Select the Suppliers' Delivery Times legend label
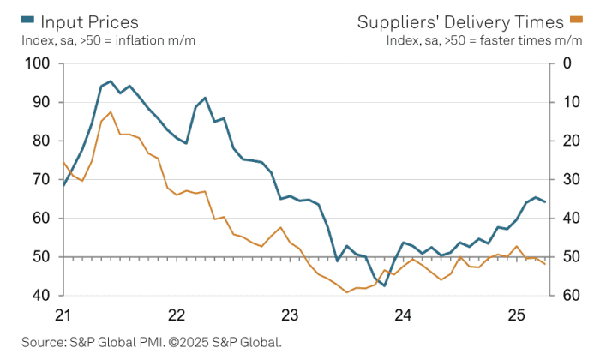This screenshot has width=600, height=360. click(471, 21)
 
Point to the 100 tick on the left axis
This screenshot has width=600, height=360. click(39, 64)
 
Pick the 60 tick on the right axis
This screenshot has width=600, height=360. click(568, 296)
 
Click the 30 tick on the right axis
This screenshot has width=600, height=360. click(568, 180)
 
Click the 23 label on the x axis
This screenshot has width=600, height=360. click(290, 314)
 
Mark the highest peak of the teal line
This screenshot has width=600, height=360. click(111, 81)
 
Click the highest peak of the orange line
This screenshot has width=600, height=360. click(111, 112)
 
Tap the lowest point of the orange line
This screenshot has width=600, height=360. click(347, 292)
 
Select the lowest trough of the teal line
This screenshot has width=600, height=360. click(384, 285)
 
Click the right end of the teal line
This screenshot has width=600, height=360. click(545, 201)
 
